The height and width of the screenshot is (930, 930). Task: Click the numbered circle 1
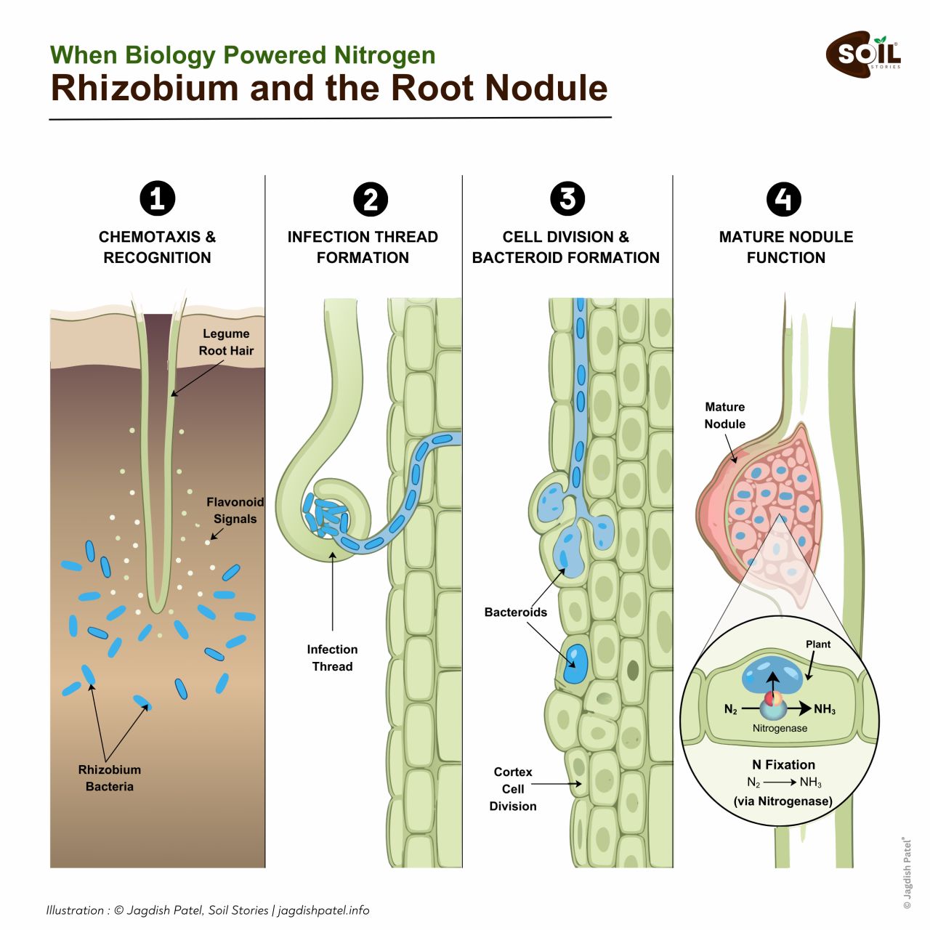tap(157, 198)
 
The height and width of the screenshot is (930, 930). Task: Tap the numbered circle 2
tap(371, 199)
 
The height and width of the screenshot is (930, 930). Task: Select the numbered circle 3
tap(567, 198)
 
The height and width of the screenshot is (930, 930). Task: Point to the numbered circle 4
tap(783, 199)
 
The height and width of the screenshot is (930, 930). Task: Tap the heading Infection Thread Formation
tap(363, 247)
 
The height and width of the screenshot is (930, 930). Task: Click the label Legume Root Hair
tap(226, 342)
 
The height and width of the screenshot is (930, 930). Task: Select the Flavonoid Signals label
tap(235, 510)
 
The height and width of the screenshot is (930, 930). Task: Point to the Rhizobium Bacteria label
tap(110, 777)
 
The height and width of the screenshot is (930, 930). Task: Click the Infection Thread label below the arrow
tap(332, 658)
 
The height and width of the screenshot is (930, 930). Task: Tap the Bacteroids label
tap(515, 612)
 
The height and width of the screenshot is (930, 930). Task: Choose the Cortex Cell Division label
tap(513, 788)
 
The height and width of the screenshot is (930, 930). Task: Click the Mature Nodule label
tap(724, 415)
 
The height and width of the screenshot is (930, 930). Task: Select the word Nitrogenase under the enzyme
tap(780, 728)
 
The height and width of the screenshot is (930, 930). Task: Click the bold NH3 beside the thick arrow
tap(825, 710)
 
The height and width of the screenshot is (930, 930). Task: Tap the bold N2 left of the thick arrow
tap(731, 710)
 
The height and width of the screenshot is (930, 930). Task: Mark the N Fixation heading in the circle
tap(783, 764)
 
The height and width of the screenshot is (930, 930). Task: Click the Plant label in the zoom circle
tap(818, 644)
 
